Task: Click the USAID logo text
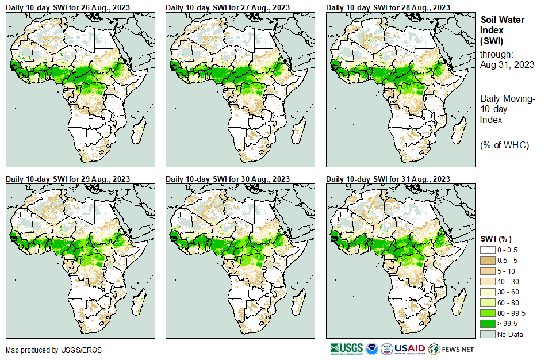click(x=411, y=349)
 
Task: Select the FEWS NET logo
click(x=452, y=349)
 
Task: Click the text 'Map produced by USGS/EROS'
click(x=47, y=350)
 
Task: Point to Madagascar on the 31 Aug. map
click(x=458, y=302)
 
